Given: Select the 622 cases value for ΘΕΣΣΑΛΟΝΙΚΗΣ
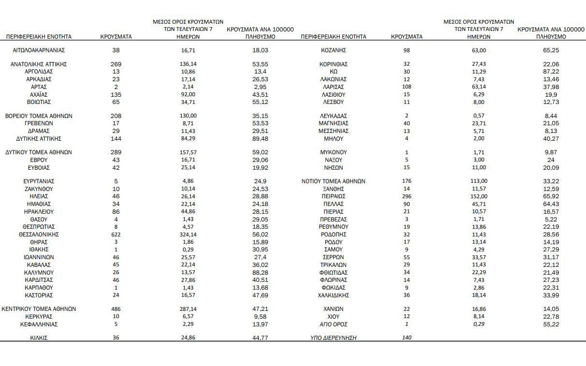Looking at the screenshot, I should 116,234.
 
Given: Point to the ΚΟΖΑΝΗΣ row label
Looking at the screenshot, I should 334,50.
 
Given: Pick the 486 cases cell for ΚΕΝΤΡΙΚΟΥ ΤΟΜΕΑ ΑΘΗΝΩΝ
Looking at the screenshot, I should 116,309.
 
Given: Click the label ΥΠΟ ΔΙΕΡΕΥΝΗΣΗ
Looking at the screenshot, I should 334,338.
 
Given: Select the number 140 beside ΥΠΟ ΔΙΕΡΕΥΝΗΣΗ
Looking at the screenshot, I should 407,338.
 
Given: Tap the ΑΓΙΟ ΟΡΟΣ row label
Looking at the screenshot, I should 334,324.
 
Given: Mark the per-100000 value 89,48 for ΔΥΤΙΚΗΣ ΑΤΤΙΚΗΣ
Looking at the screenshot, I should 261,139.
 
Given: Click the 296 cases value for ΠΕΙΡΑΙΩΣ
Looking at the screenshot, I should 407,197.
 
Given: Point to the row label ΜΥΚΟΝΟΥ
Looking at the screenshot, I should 334,152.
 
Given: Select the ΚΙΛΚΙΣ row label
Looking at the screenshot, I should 39,338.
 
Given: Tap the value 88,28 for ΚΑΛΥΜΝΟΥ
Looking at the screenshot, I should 261,272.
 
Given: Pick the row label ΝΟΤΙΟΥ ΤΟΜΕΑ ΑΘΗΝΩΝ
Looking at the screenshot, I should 334,181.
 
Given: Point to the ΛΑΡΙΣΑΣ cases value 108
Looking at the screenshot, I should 407,87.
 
